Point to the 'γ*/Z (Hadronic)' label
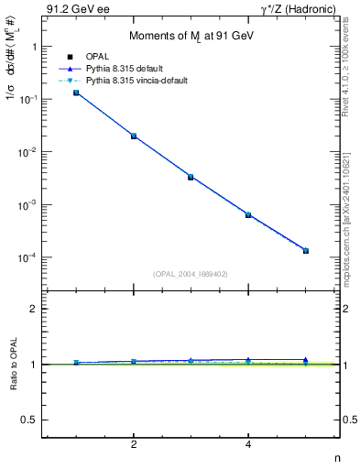pos(304,9)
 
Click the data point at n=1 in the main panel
pos(76,93)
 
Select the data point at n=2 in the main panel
pos(134,136)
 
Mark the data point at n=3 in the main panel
pos(191,177)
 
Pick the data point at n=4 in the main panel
pos(248,214)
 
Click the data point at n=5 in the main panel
pos(306,250)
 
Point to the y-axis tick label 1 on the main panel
pos(34,46)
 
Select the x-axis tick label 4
pos(248,446)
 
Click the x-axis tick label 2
pos(134,446)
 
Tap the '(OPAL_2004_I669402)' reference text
pos(191,273)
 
